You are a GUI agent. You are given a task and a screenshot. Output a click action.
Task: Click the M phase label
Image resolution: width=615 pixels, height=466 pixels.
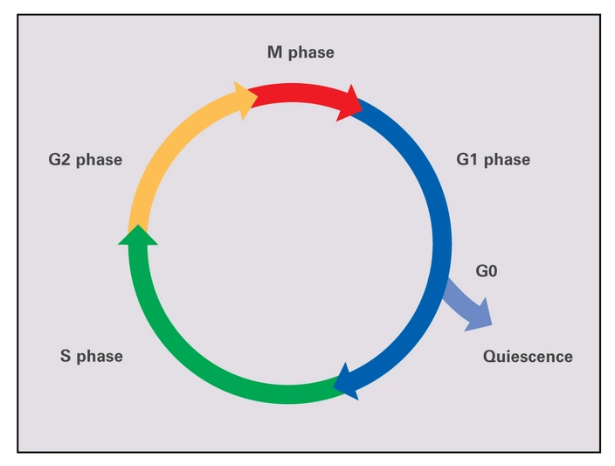coord(301,52)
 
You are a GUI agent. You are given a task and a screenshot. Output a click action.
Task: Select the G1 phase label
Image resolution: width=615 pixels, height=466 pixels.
coord(493,160)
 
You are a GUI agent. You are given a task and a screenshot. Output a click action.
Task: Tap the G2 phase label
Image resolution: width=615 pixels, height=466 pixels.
coord(85,160)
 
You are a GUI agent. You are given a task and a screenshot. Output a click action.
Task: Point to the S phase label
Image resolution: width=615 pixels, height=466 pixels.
coord(91,356)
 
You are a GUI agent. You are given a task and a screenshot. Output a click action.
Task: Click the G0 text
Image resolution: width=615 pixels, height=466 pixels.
coord(487,271)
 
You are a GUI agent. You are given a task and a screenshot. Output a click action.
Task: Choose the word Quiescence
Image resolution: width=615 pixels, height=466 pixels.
coord(528,356)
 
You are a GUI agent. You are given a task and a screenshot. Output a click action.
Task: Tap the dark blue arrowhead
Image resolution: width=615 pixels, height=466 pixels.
coord(347,381)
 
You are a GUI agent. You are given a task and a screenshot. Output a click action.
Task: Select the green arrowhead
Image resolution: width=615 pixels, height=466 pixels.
coord(137,234)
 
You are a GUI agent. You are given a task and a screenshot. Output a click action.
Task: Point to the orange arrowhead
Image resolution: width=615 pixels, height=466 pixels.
coord(245,94)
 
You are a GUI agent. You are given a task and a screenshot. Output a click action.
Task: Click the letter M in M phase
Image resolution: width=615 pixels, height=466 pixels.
coord(273,52)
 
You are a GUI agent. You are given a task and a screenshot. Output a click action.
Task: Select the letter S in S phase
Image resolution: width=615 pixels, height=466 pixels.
coord(65,356)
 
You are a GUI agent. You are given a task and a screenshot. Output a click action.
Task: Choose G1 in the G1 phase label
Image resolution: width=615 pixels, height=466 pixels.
coord(467,160)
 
